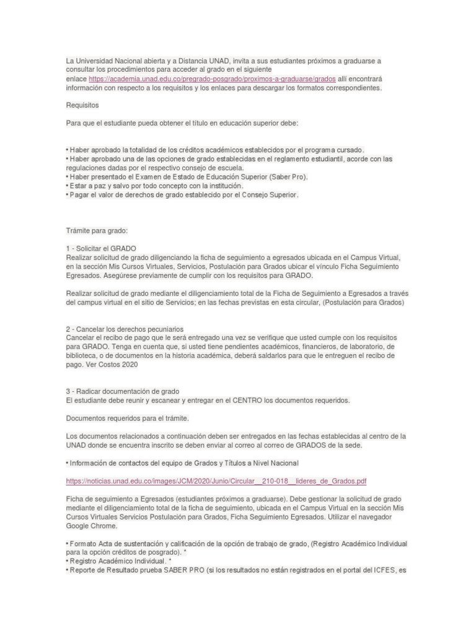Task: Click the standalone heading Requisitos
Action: pyautogui.click(x=82, y=105)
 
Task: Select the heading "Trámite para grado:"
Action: pyautogui.click(x=96, y=230)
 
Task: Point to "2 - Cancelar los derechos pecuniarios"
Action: pyautogui.click(x=125, y=328)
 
